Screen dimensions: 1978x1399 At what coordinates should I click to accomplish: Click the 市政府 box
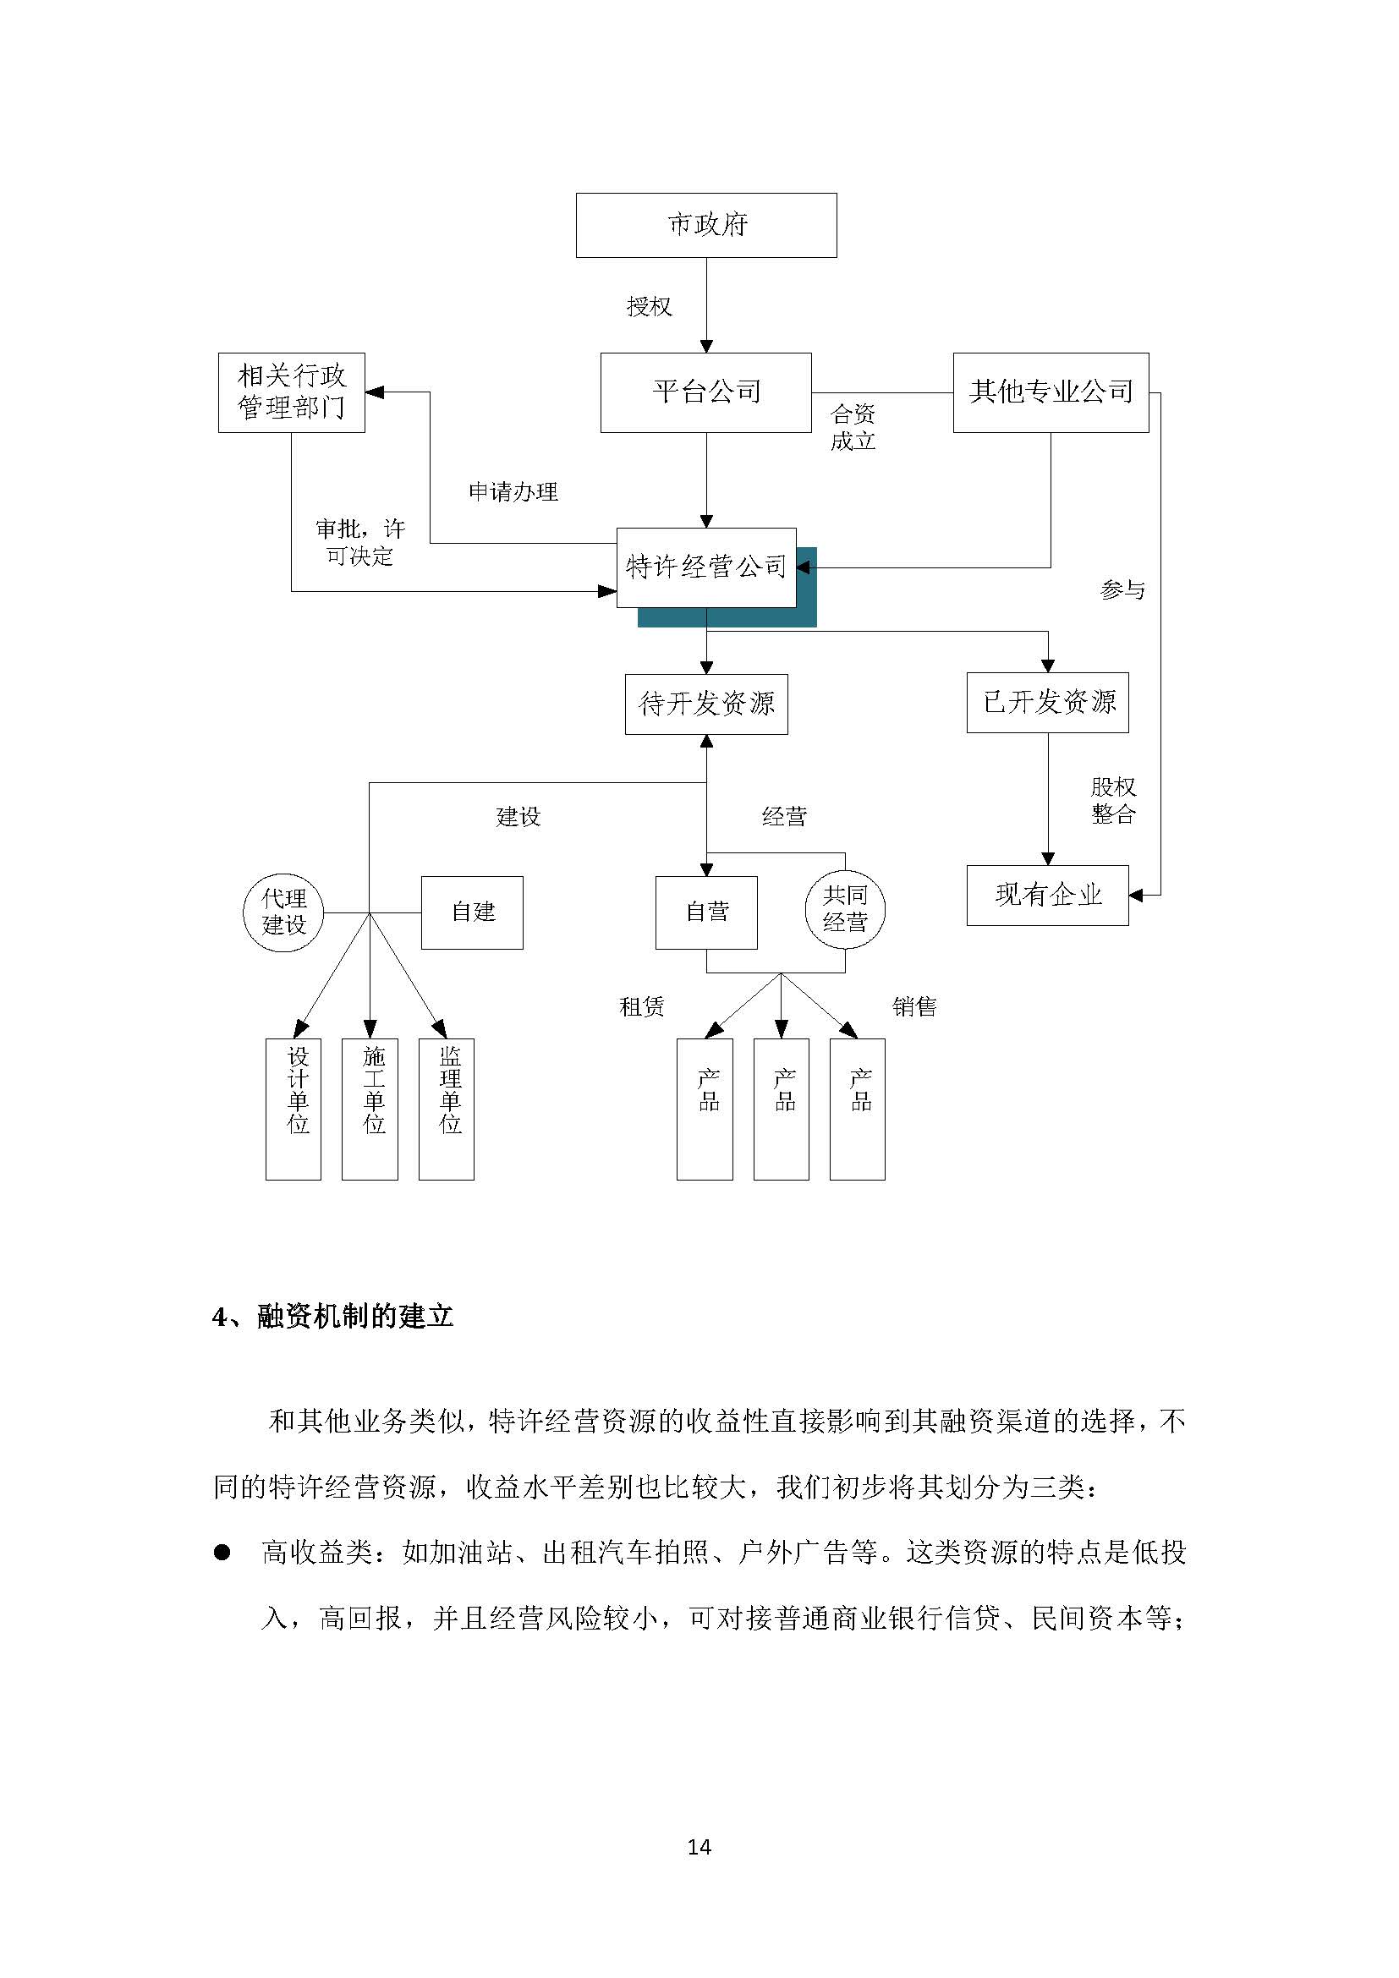click(x=706, y=225)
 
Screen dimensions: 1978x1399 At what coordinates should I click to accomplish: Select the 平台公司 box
click(x=706, y=392)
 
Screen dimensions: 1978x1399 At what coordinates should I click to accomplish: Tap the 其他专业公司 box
click(x=1051, y=392)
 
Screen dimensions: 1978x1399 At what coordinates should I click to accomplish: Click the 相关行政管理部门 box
click(x=291, y=392)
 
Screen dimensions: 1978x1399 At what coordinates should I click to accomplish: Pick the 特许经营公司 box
click(x=706, y=567)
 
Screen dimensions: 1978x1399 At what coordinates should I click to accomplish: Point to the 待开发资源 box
click(x=706, y=704)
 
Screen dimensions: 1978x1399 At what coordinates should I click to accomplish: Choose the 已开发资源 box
click(x=1047, y=702)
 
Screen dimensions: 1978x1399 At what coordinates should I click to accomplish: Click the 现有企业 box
click(x=1047, y=895)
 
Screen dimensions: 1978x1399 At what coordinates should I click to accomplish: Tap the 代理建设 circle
click(x=283, y=912)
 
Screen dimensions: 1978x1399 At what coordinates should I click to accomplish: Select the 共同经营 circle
click(x=845, y=909)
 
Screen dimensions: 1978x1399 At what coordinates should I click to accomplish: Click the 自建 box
click(x=472, y=912)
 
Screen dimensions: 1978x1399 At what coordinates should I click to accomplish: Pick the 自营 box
click(x=706, y=912)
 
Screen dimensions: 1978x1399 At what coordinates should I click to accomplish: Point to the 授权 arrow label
click(x=649, y=307)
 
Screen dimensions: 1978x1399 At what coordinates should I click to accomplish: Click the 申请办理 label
click(x=513, y=492)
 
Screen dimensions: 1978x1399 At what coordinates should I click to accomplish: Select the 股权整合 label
click(x=1113, y=800)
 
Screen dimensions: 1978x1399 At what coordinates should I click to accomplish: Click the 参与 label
click(x=1122, y=590)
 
